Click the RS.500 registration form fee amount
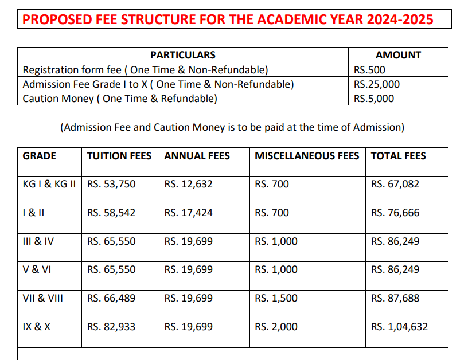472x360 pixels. point(370,70)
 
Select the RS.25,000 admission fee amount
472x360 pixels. point(377,84)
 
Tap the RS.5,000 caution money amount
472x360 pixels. point(374,99)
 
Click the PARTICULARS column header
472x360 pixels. point(183,55)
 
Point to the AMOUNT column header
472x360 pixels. point(398,55)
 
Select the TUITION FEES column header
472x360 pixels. point(119,156)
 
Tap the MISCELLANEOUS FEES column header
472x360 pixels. point(307,156)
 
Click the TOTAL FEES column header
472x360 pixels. point(399,156)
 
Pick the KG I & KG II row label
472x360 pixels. point(49,185)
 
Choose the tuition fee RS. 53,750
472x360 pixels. point(111,185)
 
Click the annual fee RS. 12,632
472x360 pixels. point(188,185)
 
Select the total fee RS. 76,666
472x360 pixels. point(395,213)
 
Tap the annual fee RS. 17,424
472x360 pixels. point(188,213)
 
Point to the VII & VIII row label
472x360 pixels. point(43,298)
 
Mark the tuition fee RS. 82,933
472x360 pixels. point(111,327)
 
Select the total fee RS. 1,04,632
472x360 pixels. point(399,327)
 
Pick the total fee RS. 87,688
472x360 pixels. point(395,298)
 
